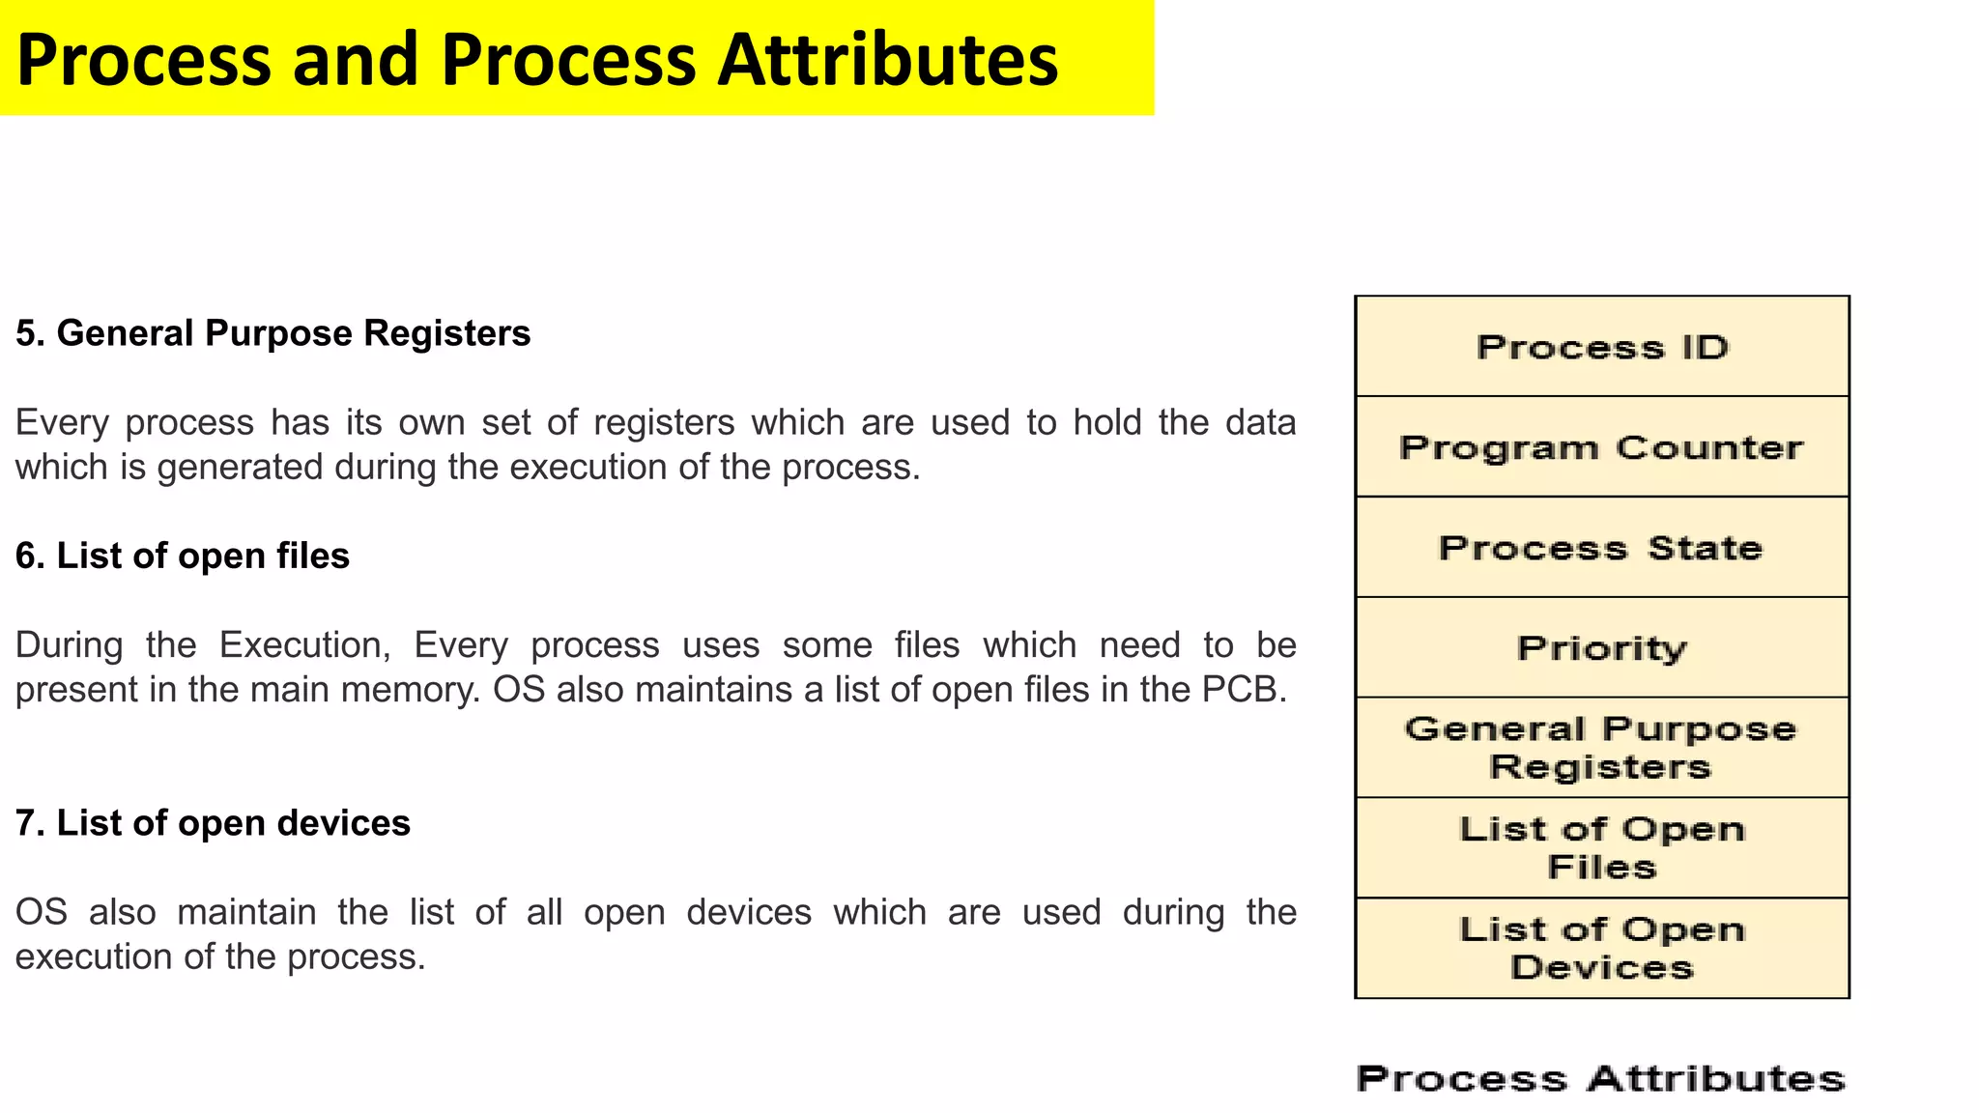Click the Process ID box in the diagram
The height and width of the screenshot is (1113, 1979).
coord(1602,347)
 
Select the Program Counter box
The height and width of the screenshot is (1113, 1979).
coord(1602,447)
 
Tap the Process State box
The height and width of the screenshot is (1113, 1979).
coord(1602,548)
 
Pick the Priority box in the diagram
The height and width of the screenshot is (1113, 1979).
coord(1602,648)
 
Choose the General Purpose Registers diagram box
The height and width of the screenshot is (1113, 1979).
coord(1602,748)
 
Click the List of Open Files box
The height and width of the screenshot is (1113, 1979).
coord(1602,848)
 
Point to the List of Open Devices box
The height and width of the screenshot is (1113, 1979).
coord(1602,949)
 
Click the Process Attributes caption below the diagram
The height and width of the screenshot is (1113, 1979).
coord(1600,1078)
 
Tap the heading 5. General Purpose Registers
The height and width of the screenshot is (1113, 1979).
coord(272,333)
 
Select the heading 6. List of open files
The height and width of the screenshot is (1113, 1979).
coord(183,556)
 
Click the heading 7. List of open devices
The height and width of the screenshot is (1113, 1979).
coord(213,823)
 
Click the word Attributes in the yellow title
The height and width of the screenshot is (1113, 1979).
coord(887,60)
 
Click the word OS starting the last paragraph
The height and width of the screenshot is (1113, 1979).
coord(42,912)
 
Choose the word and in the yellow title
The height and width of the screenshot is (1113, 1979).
coord(355,60)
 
